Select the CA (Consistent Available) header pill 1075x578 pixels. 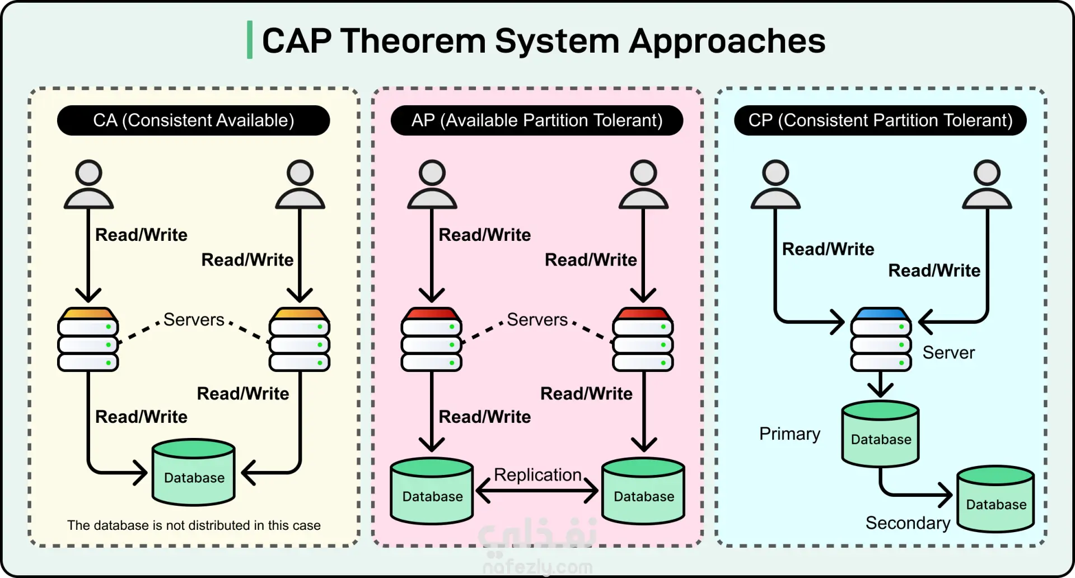tap(193, 120)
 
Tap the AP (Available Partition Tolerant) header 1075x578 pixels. tap(536, 120)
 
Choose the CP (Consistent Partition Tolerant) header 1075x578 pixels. tap(880, 120)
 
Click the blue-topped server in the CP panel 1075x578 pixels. tap(881, 339)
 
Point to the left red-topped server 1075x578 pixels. tap(431, 339)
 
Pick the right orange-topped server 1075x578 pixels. tap(300, 339)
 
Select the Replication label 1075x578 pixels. tap(537, 475)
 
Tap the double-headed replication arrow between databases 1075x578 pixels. tap(537, 492)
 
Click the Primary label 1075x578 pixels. tap(789, 434)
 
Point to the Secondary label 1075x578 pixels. tap(908, 523)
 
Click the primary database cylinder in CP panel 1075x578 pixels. tap(881, 434)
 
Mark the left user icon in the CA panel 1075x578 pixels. tap(88, 185)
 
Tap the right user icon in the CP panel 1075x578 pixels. tap(987, 185)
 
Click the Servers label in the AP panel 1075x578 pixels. tap(537, 320)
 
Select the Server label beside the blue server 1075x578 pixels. tap(948, 353)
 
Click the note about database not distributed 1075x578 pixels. tap(194, 525)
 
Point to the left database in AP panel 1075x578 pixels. tap(432, 491)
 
